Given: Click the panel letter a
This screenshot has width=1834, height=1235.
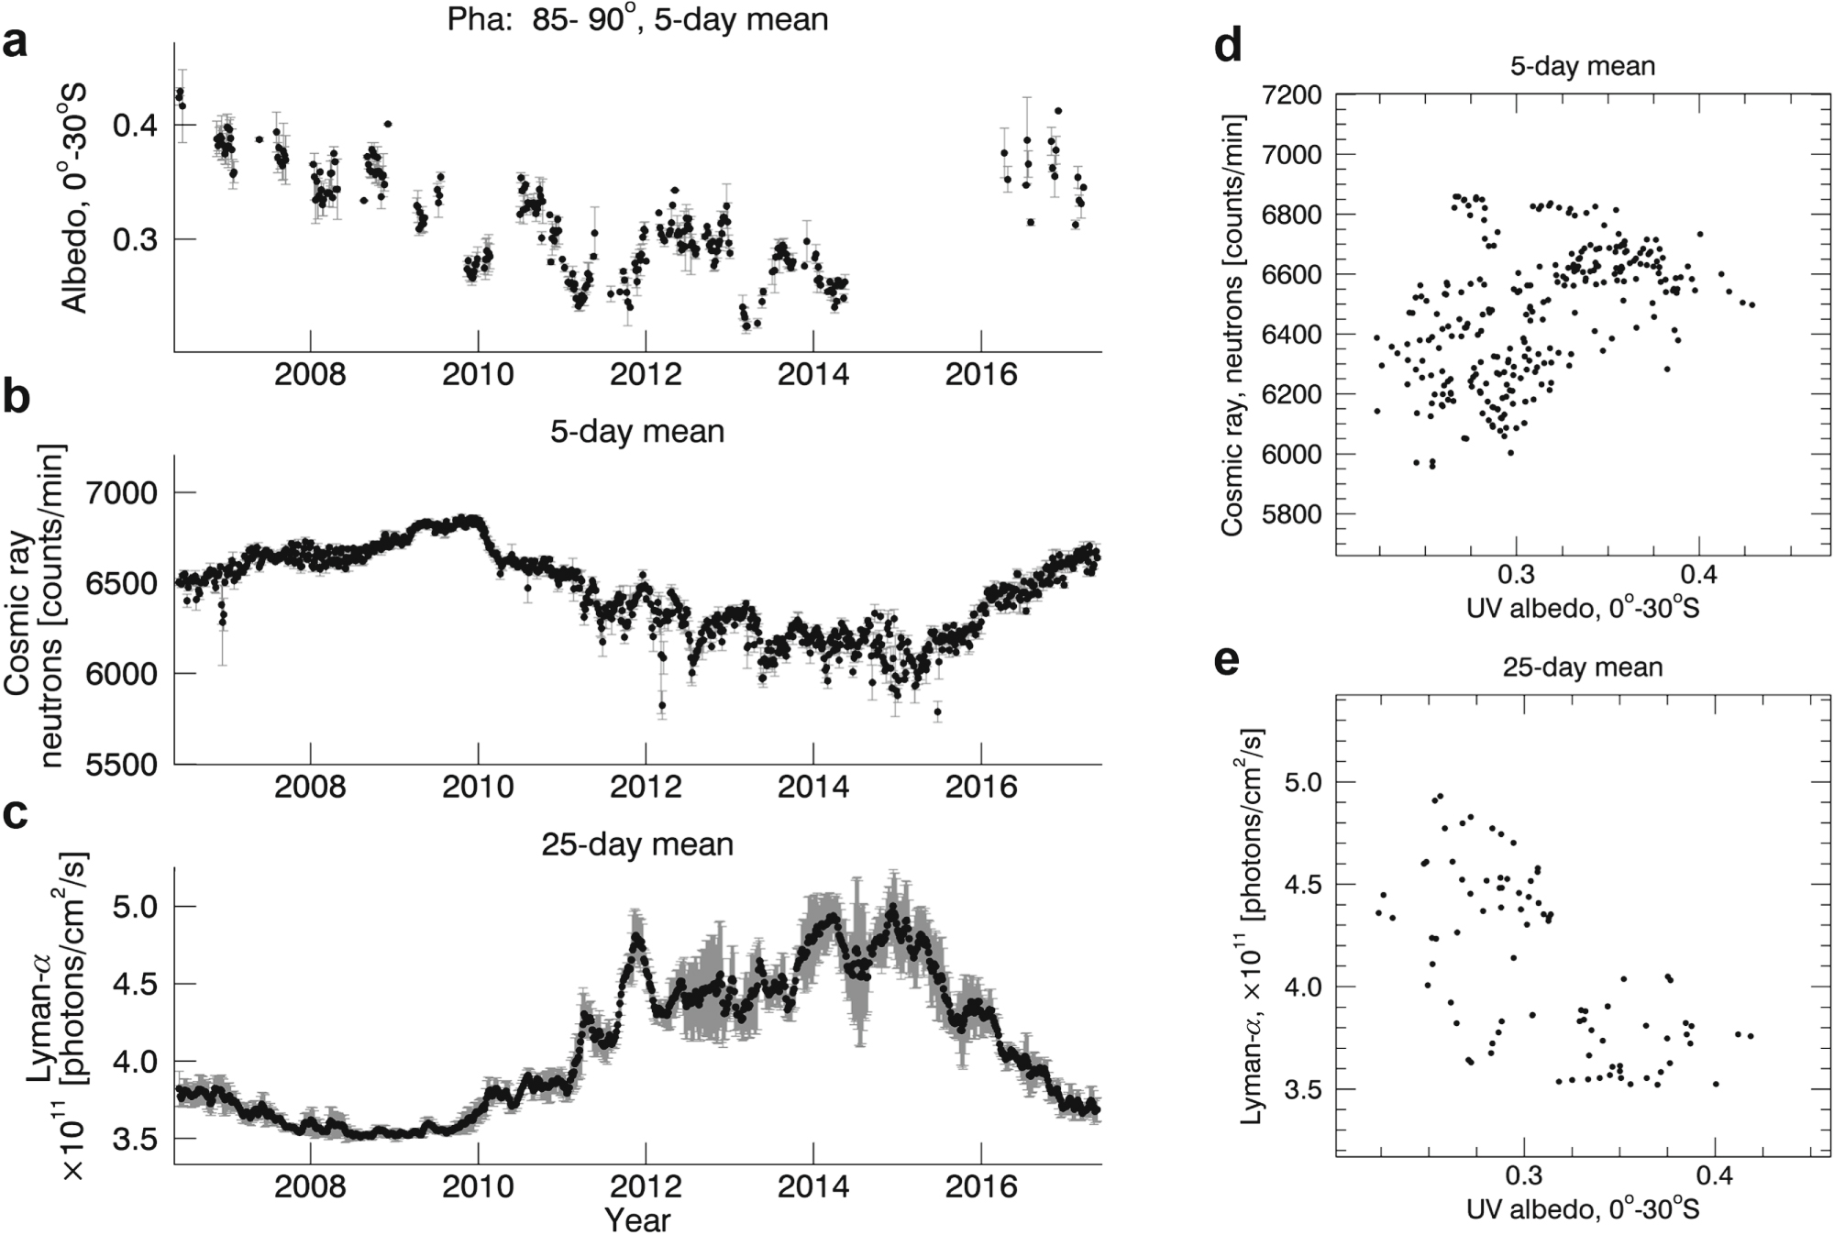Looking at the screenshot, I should click(x=16, y=43).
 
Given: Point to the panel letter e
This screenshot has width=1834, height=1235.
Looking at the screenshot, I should click(x=1227, y=660).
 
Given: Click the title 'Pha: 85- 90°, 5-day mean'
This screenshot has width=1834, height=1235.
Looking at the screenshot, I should click(x=637, y=19).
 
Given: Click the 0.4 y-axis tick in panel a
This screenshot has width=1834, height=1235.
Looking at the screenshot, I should click(x=135, y=126).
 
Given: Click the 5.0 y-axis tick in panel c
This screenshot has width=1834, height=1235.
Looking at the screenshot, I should click(x=142, y=906).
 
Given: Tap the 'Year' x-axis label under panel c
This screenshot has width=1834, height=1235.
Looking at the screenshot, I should click(x=637, y=1220).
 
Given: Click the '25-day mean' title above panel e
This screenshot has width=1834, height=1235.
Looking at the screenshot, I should click(x=1583, y=667).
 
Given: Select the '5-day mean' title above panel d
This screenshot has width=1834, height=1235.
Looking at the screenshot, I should click(x=1583, y=66).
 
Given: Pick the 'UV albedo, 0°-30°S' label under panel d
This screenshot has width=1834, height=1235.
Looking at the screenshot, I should click(x=1583, y=607).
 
